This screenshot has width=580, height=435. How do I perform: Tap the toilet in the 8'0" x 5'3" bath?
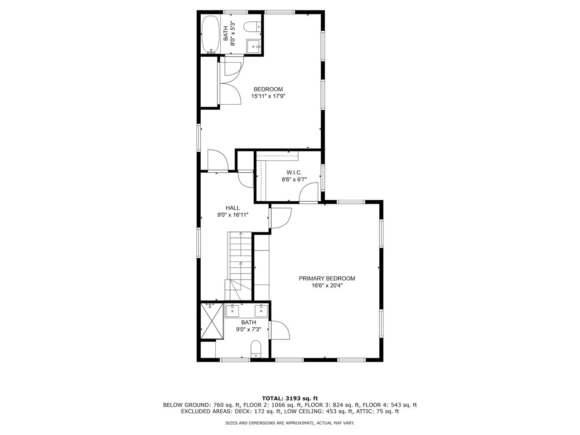pyautogui.click(x=252, y=27)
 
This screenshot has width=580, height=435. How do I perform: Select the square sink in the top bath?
pyautogui.click(x=254, y=46)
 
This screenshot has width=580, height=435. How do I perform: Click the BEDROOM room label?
pyautogui.click(x=268, y=89)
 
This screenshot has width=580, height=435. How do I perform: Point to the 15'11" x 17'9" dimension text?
pyautogui.click(x=268, y=96)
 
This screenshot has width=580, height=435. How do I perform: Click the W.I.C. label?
pyautogui.click(x=294, y=173)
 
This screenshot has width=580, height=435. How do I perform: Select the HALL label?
pyautogui.click(x=232, y=208)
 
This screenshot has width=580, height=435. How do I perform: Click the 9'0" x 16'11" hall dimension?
pyautogui.click(x=232, y=215)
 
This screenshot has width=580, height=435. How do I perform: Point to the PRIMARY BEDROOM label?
pyautogui.click(x=327, y=278)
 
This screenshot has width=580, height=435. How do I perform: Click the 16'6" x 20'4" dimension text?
pyautogui.click(x=327, y=285)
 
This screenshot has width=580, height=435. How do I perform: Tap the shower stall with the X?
pyautogui.click(x=212, y=321)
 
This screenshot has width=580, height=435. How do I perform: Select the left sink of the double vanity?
pyautogui.click(x=232, y=310)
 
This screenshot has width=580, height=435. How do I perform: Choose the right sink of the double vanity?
pyautogui.click(x=261, y=310)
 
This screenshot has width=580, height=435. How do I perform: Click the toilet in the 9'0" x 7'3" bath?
pyautogui.click(x=256, y=349)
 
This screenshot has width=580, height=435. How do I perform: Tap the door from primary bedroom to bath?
pyautogui.click(x=280, y=330)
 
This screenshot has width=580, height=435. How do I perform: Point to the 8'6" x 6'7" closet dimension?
pyautogui.click(x=294, y=179)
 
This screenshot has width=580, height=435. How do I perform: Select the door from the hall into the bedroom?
pyautogui.click(x=218, y=160)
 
